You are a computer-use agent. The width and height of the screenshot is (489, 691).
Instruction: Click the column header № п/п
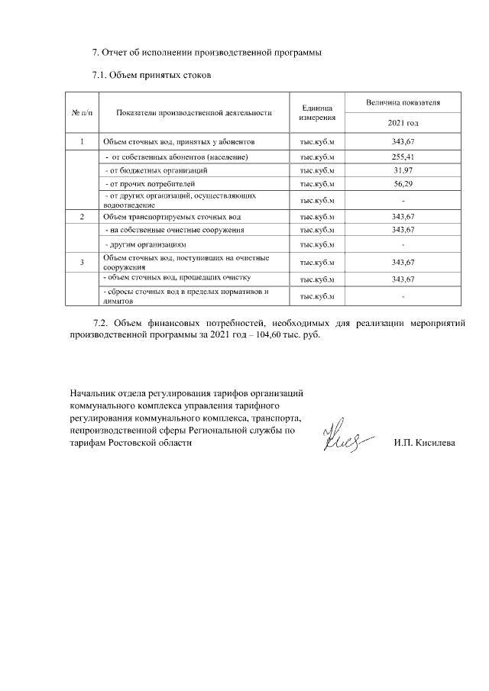81,112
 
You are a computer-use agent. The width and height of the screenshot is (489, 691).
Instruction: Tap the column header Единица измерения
317,112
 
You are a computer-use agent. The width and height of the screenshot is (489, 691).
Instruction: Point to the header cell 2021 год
402,124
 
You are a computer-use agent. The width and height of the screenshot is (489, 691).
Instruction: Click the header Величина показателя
402,102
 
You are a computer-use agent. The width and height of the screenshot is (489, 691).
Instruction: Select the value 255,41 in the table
402,157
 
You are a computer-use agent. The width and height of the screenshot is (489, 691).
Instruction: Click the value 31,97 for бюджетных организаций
402,170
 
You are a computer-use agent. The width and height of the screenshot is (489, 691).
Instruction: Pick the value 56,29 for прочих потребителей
402,183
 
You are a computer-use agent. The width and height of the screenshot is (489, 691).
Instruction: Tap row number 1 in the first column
81,142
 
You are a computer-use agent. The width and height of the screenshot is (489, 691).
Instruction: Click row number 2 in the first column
81,217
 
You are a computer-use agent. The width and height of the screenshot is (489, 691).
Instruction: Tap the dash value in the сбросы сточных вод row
402,295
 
